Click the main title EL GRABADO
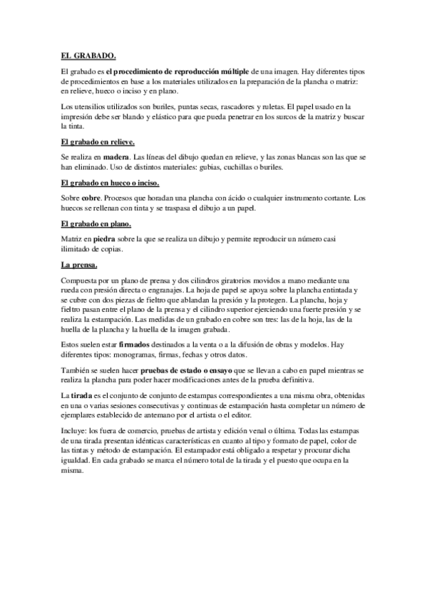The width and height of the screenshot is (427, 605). point(88,55)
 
